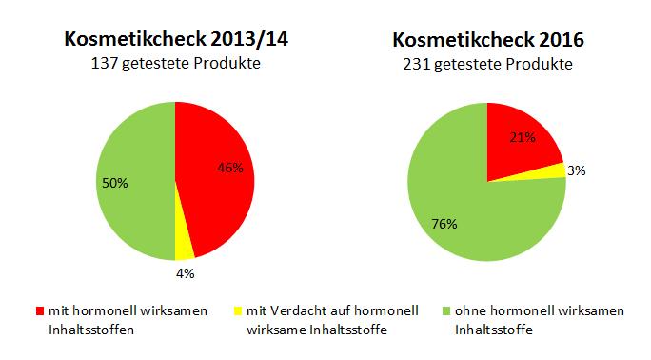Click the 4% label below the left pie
(185, 274)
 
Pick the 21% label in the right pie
(522, 137)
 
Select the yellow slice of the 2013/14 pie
(185, 246)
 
